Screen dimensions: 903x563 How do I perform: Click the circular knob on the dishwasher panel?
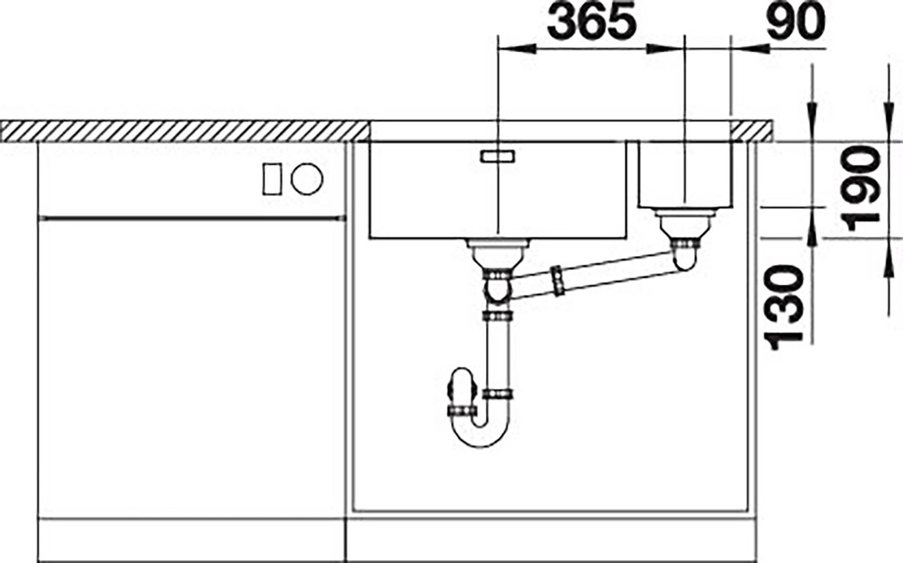pos(307,178)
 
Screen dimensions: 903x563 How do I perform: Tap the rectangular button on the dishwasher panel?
pos(272,179)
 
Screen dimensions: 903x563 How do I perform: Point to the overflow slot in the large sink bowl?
pos(498,156)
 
